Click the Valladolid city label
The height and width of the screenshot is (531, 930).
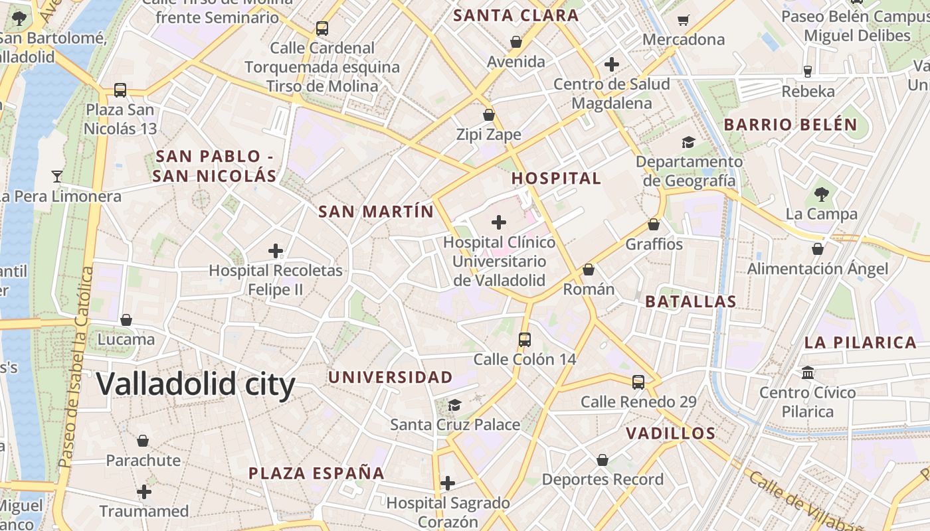coord(195,384)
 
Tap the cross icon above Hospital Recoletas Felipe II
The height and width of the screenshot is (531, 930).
coord(276,251)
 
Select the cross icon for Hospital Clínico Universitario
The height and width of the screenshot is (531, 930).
coord(498,222)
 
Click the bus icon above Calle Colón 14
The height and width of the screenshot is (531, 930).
coord(525,340)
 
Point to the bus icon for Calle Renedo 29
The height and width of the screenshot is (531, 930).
coord(638,382)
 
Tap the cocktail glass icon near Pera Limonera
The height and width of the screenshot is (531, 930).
coord(57,177)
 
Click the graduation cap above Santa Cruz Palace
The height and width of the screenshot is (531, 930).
coord(454,405)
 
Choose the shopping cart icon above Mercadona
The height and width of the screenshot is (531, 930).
coord(683,21)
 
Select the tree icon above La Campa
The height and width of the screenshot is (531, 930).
coord(821,194)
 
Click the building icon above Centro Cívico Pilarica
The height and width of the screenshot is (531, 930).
coord(808,373)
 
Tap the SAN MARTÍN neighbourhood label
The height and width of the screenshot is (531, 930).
coord(375,212)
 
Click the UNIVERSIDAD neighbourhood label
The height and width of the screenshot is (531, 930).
coord(391,377)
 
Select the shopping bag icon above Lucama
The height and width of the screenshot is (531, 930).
coord(126,320)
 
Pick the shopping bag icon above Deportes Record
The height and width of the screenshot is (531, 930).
coord(603,459)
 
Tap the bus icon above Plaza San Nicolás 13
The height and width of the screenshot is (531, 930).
coord(120,90)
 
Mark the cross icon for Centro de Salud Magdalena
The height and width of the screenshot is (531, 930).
coord(612,64)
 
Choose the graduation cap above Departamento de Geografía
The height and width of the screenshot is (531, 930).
coord(688,142)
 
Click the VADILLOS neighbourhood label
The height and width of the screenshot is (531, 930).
coord(670,433)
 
